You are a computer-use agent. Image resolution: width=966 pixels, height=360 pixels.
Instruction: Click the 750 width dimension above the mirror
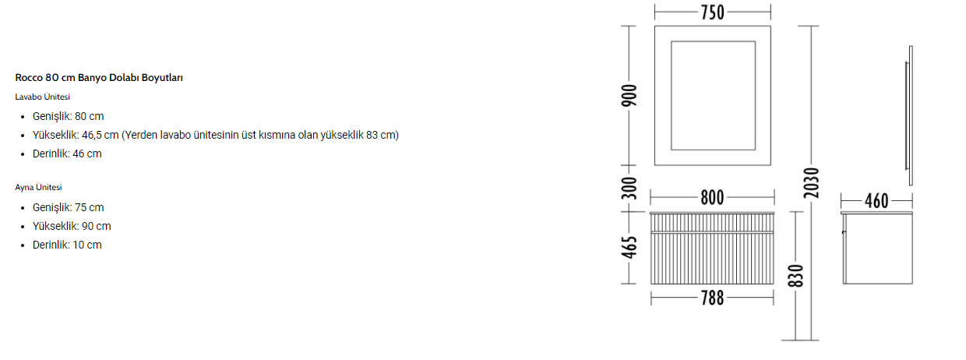[712, 12]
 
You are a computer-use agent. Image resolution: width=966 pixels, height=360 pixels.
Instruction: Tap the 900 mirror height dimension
[629, 96]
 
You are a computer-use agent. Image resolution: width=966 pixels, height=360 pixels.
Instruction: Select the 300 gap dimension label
[629, 188]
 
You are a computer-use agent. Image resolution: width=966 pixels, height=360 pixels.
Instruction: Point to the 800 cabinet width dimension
[712, 197]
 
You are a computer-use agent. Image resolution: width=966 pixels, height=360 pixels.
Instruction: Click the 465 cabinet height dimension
[629, 247]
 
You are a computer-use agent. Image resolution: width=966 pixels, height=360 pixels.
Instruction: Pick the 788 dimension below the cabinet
[712, 298]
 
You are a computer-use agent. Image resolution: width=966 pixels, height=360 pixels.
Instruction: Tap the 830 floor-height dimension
[795, 276]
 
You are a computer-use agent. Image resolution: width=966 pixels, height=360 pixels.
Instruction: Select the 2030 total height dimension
[811, 183]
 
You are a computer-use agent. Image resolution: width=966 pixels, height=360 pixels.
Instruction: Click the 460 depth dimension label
[876, 201]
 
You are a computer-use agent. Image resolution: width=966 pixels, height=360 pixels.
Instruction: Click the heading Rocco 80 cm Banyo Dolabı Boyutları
[99, 78]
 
